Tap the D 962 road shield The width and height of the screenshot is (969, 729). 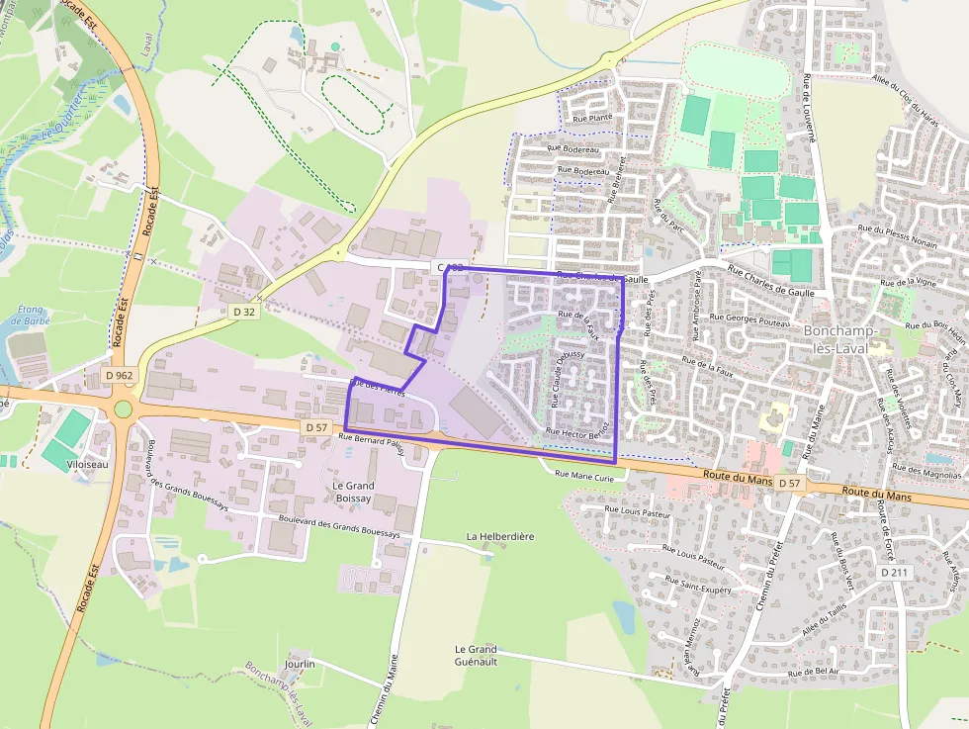click(x=120, y=376)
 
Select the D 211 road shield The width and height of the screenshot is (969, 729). click(x=892, y=573)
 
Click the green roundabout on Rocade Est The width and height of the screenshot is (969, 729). click(x=124, y=409)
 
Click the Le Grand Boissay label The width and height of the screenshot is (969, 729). click(x=352, y=493)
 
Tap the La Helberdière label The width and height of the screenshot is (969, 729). click(x=500, y=536)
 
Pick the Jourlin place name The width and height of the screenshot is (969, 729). click(x=299, y=664)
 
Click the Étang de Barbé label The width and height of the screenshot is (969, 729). click(x=33, y=315)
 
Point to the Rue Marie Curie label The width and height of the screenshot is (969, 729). click(x=585, y=475)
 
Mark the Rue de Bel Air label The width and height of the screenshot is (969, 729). click(x=813, y=672)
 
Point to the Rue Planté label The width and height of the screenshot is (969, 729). click(x=593, y=118)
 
